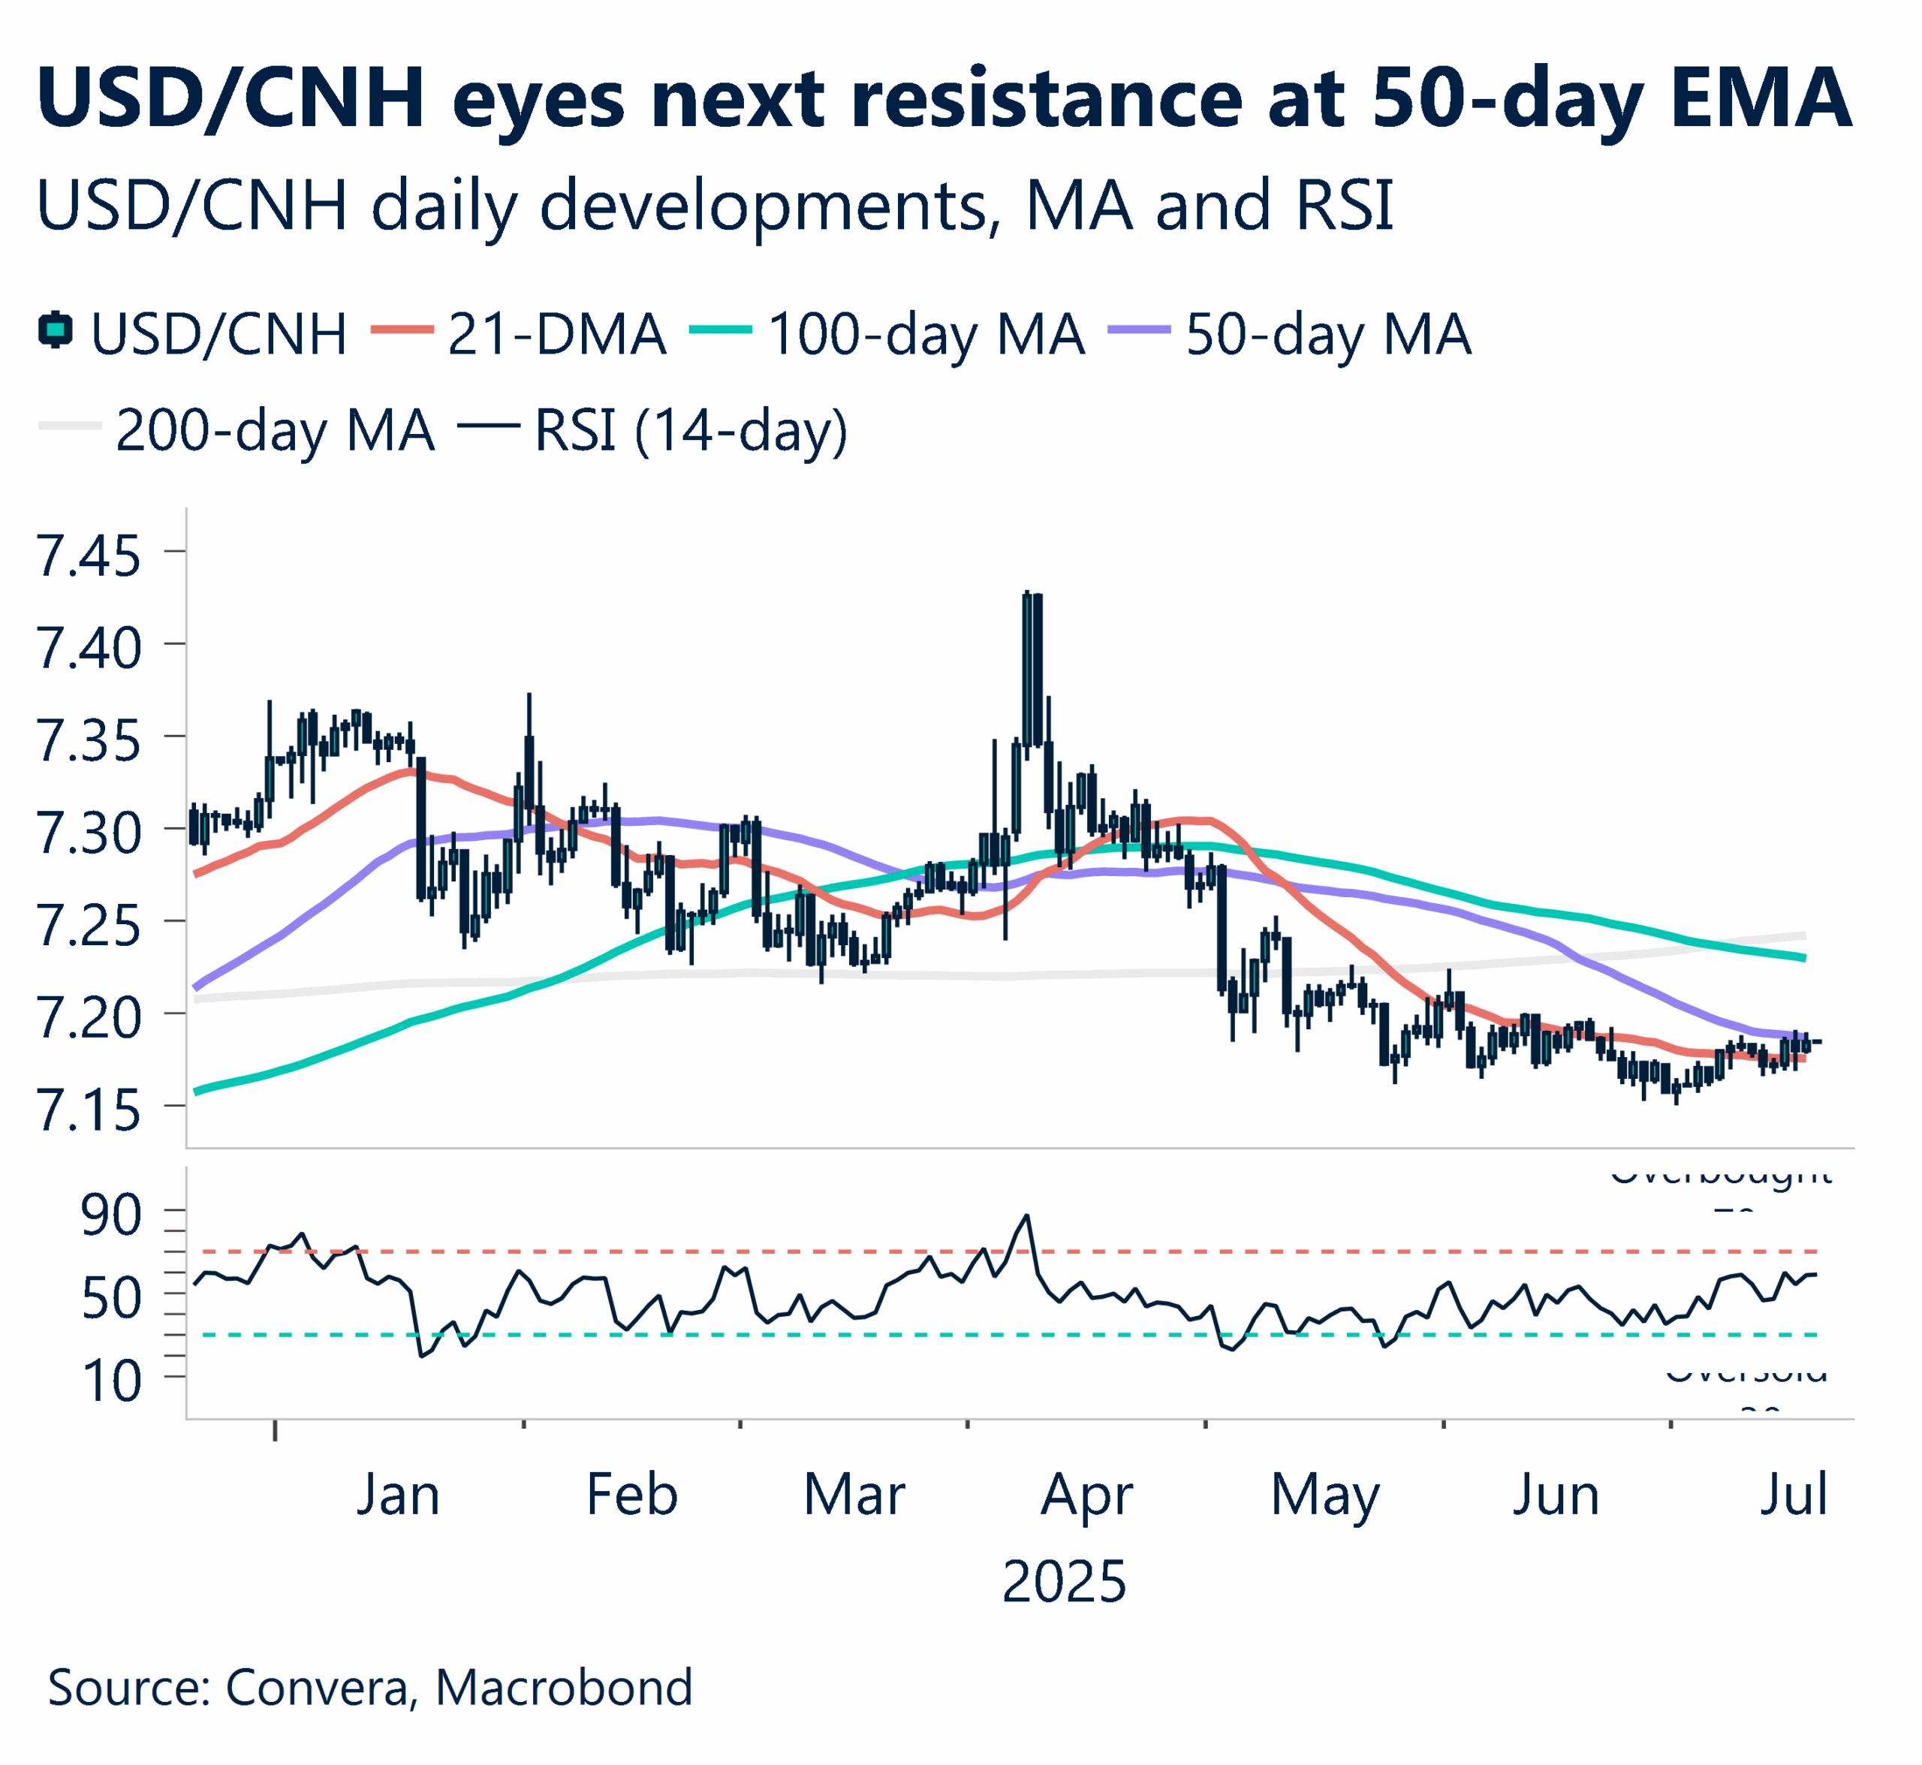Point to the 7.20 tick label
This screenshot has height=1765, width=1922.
(87, 1018)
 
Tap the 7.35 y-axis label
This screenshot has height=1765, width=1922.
(87, 741)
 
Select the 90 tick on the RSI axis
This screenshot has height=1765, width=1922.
(111, 1215)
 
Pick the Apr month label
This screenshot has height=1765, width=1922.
(1086, 1495)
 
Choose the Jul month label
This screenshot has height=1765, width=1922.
(1793, 1495)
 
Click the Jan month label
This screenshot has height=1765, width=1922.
(397, 1495)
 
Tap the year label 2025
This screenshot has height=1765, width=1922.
(1063, 1583)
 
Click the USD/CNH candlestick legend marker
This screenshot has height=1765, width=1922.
(56, 330)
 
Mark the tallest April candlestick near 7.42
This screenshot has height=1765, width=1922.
(1027, 669)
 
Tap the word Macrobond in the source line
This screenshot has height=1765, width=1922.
(564, 1688)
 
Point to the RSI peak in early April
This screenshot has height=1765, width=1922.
(1027, 1215)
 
